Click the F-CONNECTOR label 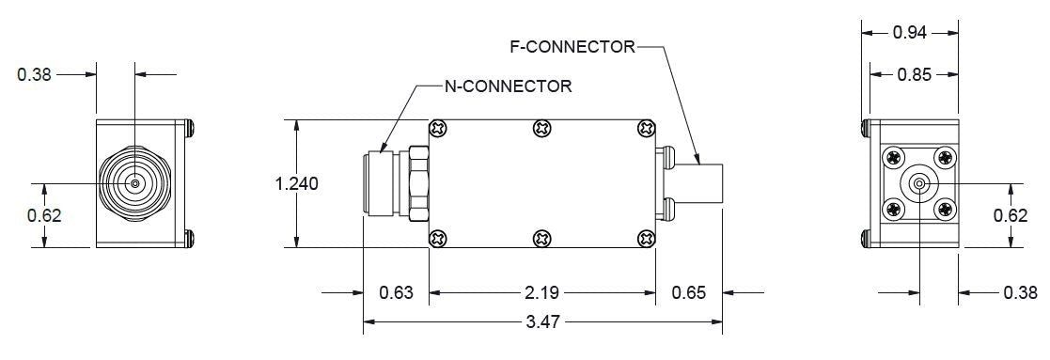click(572, 47)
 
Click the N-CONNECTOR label click(509, 86)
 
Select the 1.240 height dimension click(297, 183)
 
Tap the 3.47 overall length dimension click(542, 321)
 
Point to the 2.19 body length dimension click(542, 292)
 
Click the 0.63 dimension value click(396, 292)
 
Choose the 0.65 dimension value click(688, 292)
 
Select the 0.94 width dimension click(909, 32)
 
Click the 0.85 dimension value click(914, 74)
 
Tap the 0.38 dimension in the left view click(34, 74)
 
